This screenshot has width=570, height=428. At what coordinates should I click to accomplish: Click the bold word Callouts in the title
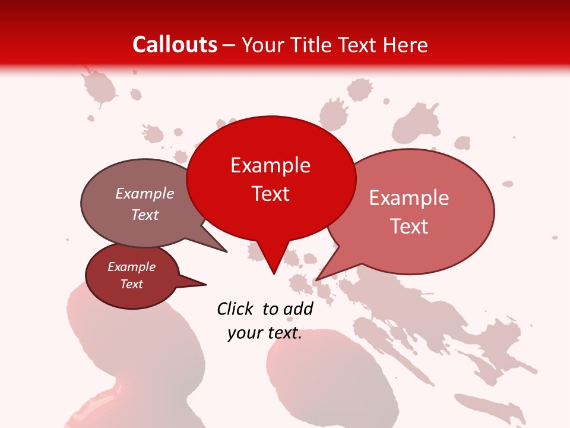pyautogui.click(x=175, y=45)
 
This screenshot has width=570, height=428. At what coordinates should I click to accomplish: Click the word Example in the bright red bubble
pyautogui.click(x=270, y=165)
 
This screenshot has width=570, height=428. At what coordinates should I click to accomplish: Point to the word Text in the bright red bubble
pyautogui.click(x=271, y=194)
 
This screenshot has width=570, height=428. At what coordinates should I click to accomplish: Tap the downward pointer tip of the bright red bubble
pyautogui.click(x=274, y=273)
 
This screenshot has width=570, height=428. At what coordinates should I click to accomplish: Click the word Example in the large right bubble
pyautogui.click(x=409, y=198)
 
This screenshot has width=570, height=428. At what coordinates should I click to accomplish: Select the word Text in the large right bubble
pyautogui.click(x=410, y=226)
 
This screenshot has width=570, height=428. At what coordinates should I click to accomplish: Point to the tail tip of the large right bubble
pyautogui.click(x=316, y=280)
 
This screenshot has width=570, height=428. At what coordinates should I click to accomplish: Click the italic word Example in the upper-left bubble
pyautogui.click(x=145, y=193)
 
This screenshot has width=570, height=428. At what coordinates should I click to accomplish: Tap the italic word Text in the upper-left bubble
pyautogui.click(x=145, y=215)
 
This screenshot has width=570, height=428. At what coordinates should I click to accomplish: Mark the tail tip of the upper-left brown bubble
pyautogui.click(x=227, y=251)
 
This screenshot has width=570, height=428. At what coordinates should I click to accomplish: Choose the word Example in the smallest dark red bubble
pyautogui.click(x=132, y=267)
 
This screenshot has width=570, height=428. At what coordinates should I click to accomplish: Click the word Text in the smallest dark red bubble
pyautogui.click(x=132, y=284)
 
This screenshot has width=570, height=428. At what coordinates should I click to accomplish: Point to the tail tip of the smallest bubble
pyautogui.click(x=205, y=284)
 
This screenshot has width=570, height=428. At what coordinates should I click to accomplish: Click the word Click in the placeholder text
pyautogui.click(x=235, y=309)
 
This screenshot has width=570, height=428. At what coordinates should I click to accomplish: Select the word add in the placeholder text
pyautogui.click(x=299, y=309)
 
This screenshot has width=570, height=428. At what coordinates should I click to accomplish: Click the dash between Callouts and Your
pyautogui.click(x=230, y=45)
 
